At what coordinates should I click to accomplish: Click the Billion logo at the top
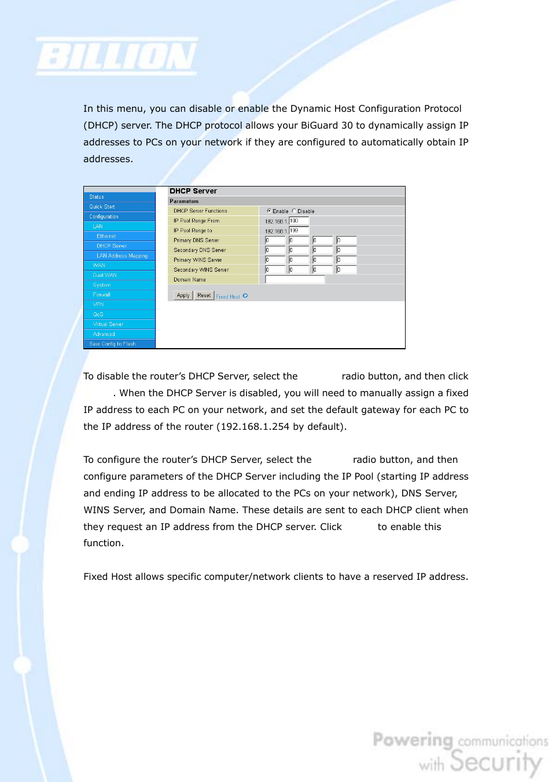pyautogui.click(x=117, y=57)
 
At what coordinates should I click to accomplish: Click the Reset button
pyautogui.click(x=204, y=295)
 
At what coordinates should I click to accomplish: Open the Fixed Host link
pyautogui.click(x=228, y=297)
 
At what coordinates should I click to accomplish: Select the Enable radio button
pyautogui.click(x=268, y=211)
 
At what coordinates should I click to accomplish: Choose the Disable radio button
pyautogui.click(x=294, y=211)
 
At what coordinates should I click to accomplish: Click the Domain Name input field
pyautogui.click(x=295, y=280)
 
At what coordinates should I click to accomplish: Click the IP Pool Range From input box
pyautogui.click(x=299, y=221)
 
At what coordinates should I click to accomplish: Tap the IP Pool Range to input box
pyautogui.click(x=299, y=231)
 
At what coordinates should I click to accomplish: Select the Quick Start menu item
pyautogui.click(x=102, y=207)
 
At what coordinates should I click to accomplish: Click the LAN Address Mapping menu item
pyautogui.click(x=122, y=255)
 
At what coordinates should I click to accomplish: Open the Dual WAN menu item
pyautogui.click(x=105, y=275)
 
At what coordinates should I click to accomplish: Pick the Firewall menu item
pyautogui.click(x=101, y=295)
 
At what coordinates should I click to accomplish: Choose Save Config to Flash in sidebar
pyautogui.click(x=112, y=344)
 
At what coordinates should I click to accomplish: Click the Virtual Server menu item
pyautogui.click(x=108, y=324)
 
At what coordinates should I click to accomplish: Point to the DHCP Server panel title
pyautogui.click(x=193, y=191)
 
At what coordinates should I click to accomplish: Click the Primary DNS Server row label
pyautogui.click(x=196, y=240)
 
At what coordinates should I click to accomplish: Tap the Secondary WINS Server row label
pyautogui.click(x=201, y=270)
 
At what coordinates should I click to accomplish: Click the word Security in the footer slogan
pyautogui.click(x=496, y=761)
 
